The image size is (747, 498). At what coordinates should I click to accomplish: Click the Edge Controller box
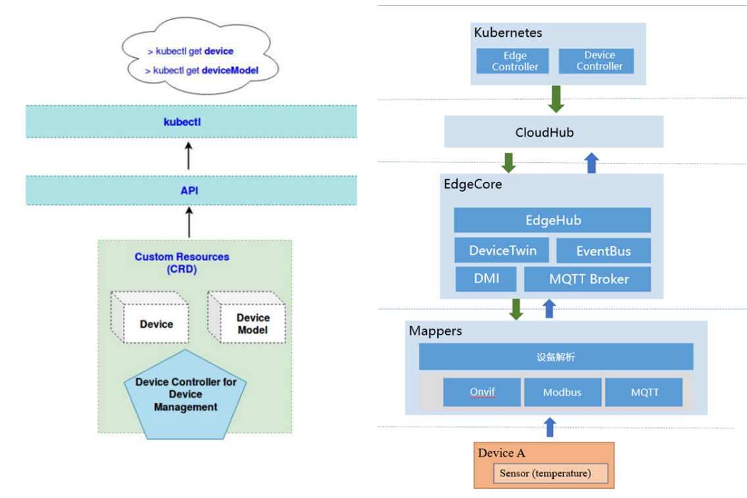point(515,61)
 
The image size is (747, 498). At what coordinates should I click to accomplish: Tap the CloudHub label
point(544,132)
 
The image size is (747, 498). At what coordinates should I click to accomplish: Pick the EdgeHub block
point(552,220)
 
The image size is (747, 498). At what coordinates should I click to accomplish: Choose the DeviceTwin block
point(502,250)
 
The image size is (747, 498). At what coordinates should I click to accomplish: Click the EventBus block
point(603,250)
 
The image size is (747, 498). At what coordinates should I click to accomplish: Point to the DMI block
point(487,279)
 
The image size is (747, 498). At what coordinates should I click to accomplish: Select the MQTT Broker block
point(588,279)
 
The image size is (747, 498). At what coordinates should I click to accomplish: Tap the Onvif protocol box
point(482,392)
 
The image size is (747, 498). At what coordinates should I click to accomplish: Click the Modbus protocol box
point(562,392)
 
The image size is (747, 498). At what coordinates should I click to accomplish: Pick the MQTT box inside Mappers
point(644,392)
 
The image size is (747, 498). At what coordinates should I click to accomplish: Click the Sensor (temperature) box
point(550,473)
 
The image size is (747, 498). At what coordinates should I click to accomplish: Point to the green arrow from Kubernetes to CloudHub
point(557,99)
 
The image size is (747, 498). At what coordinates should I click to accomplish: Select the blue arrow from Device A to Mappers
point(550,427)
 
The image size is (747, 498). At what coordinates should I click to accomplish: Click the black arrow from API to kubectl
point(189,156)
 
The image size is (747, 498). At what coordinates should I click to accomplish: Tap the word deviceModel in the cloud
point(231,70)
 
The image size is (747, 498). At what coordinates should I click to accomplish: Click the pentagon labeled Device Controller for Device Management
point(185,396)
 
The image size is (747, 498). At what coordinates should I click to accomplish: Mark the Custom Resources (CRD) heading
point(181,262)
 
